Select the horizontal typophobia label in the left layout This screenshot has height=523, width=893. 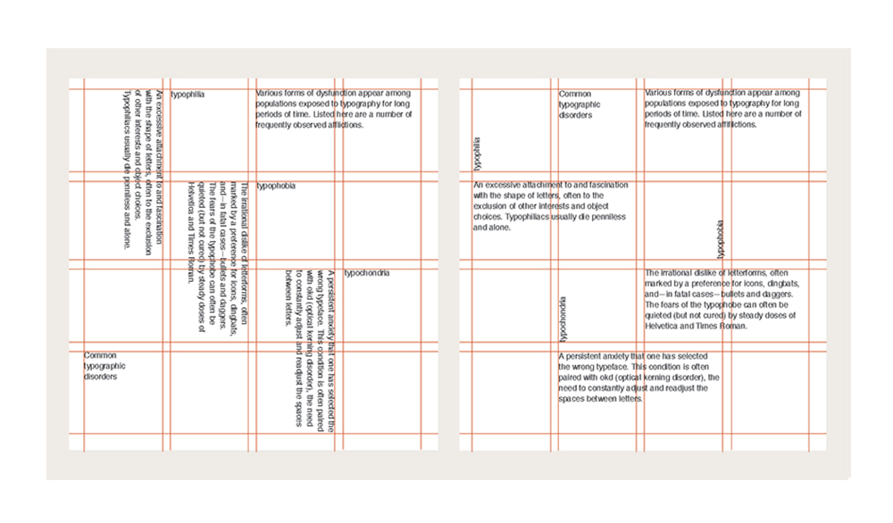pyautogui.click(x=276, y=187)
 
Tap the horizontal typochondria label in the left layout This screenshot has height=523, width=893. pyautogui.click(x=366, y=273)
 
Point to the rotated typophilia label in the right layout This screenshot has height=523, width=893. pyautogui.click(x=478, y=153)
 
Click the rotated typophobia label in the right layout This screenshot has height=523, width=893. pyautogui.click(x=721, y=237)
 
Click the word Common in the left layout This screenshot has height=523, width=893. pyautogui.click(x=100, y=355)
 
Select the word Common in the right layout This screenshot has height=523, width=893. pyautogui.click(x=575, y=94)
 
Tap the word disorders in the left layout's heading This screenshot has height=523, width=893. pyautogui.click(x=101, y=377)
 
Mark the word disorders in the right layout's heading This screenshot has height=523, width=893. pyautogui.click(x=577, y=115)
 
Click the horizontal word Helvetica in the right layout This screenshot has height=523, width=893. pyautogui.click(x=664, y=326)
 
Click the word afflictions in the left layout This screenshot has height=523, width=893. pyautogui.click(x=341, y=125)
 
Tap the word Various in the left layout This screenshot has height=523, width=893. pyautogui.click(x=271, y=93)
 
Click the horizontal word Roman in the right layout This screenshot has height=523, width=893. pyautogui.click(x=734, y=326)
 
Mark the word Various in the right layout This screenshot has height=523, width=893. pyautogui.click(x=660, y=93)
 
